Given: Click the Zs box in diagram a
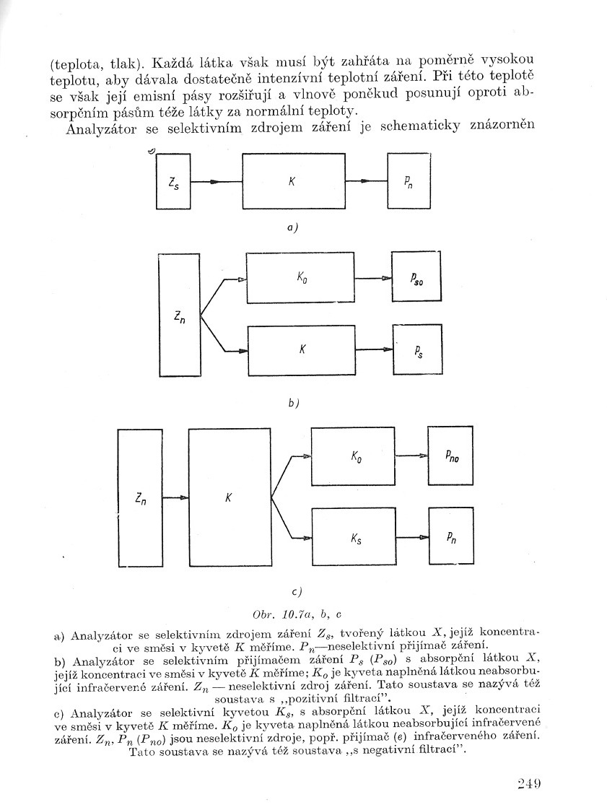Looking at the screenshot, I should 173,181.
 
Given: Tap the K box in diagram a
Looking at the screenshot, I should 292,181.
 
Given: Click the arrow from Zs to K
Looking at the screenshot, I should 216,182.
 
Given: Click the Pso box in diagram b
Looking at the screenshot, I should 416,277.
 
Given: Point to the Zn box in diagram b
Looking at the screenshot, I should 178,315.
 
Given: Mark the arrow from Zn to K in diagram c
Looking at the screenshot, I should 175,497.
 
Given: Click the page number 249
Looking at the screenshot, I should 529,783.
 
